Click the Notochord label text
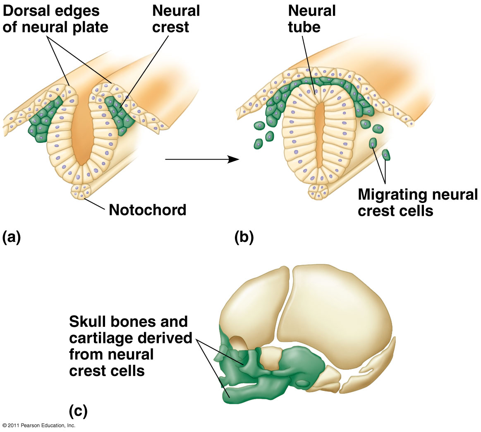pos(147,210)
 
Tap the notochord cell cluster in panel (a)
pos(81,191)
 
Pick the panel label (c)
pos(78,411)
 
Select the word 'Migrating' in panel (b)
pos(392,195)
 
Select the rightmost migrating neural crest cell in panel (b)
pos(386,155)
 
